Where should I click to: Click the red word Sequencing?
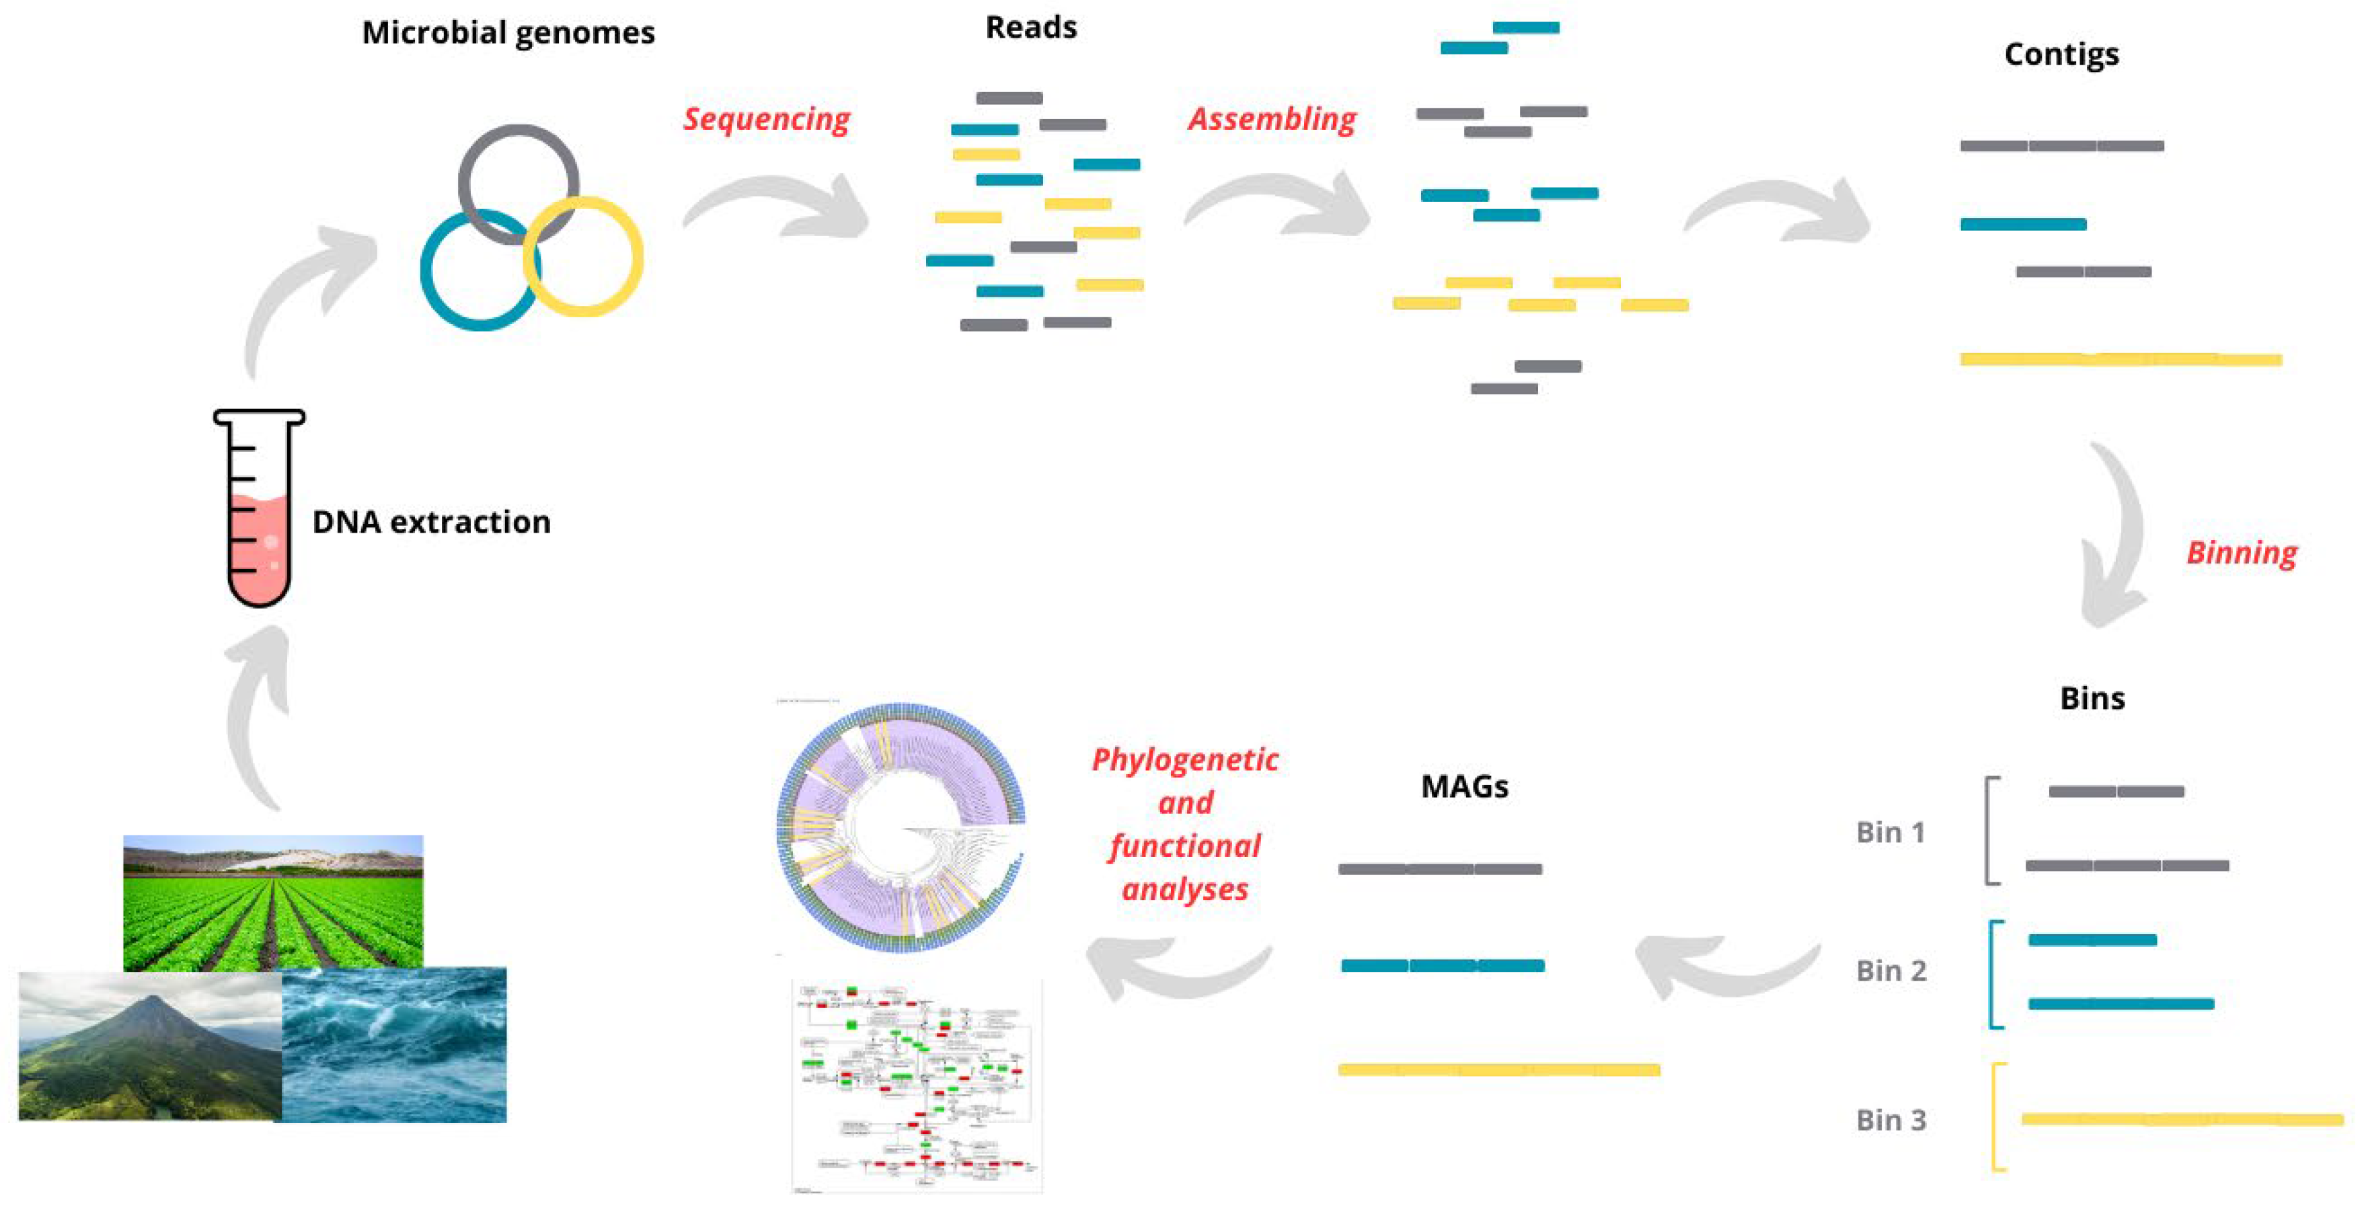coord(766,120)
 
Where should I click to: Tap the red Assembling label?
coord(1271,120)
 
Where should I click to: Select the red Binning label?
coord(2241,553)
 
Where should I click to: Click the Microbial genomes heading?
coord(508,33)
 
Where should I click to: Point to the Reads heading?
coord(1030,28)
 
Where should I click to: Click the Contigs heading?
coord(2061,54)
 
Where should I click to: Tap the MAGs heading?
coord(1464,786)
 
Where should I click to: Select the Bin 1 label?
coord(1891,832)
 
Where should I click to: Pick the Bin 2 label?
coord(1891,971)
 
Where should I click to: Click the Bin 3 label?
coord(1891,1120)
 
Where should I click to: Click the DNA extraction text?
coord(431,522)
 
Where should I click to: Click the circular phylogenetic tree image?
coord(900,827)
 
